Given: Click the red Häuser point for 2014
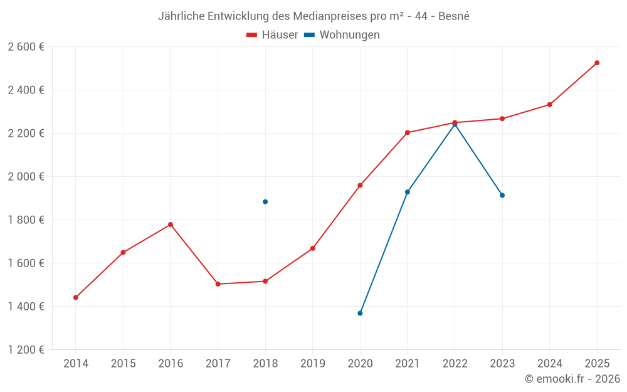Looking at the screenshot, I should tap(76, 297).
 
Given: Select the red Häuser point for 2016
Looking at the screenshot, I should tap(171, 225).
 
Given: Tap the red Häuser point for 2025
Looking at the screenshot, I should tap(597, 63).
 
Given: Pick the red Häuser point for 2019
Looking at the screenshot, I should tap(313, 248).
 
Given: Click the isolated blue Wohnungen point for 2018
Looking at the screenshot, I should tap(265, 202).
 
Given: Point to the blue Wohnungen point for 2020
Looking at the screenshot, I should tap(360, 313).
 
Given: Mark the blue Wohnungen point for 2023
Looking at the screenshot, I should tap(502, 195).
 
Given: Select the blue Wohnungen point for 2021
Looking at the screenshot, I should tap(408, 192).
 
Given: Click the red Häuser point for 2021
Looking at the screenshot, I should tap(408, 132).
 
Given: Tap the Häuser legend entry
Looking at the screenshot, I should tap(273, 35).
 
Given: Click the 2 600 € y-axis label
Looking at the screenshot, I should tap(26, 46).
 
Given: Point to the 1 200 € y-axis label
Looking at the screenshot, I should tap(26, 350).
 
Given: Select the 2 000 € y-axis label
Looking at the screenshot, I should tap(26, 177).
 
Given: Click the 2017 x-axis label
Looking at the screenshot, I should tap(218, 363).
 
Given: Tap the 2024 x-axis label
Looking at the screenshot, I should tap(549, 363).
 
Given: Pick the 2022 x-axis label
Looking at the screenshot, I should tap(455, 363).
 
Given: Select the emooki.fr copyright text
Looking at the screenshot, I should tap(572, 379).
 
